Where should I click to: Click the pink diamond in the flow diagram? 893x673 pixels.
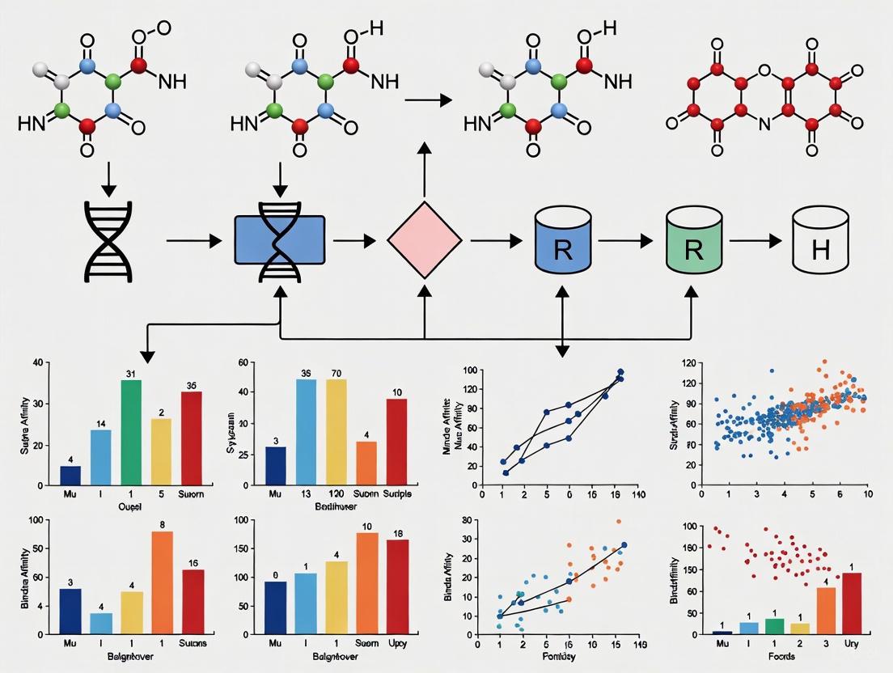pyautogui.click(x=425, y=241)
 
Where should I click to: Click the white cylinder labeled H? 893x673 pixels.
pyautogui.click(x=820, y=241)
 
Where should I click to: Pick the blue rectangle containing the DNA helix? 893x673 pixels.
pyautogui.click(x=279, y=240)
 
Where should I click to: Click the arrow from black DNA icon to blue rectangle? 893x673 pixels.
pyautogui.click(x=193, y=240)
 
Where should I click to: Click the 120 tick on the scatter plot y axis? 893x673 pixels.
pyautogui.click(x=688, y=363)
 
